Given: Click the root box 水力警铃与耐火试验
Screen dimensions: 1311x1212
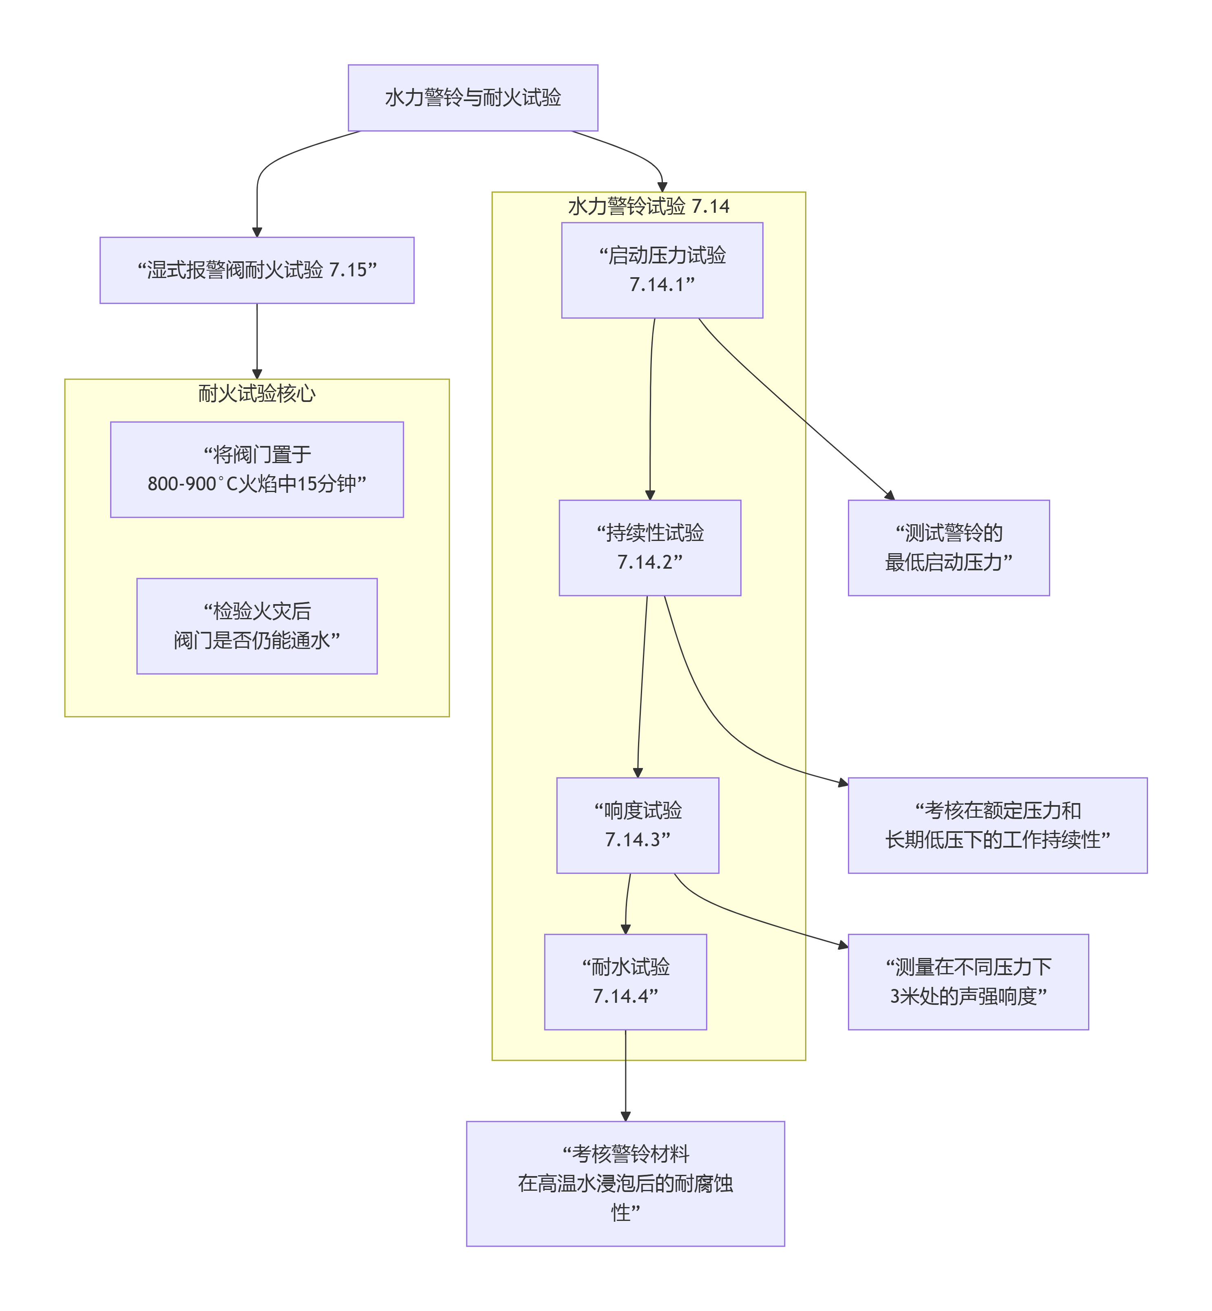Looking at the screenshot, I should coord(473,98).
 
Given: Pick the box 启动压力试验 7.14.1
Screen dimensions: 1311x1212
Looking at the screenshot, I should coord(662,270).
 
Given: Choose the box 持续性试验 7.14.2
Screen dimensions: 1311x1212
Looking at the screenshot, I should coord(649,547).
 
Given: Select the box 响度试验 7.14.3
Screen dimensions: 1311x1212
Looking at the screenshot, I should coord(638,825).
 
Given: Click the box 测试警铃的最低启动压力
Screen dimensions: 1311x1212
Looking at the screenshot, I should coord(948,547).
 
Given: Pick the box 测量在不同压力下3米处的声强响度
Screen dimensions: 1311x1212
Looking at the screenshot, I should coord(968,982).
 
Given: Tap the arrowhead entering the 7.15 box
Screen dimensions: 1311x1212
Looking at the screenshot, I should coord(257,232).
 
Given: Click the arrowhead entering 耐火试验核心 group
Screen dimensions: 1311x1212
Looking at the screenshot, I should coord(257,374).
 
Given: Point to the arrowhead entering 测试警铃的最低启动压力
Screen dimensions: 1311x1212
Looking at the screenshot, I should coord(890,495).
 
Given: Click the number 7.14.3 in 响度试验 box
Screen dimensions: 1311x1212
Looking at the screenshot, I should coord(638,839).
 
